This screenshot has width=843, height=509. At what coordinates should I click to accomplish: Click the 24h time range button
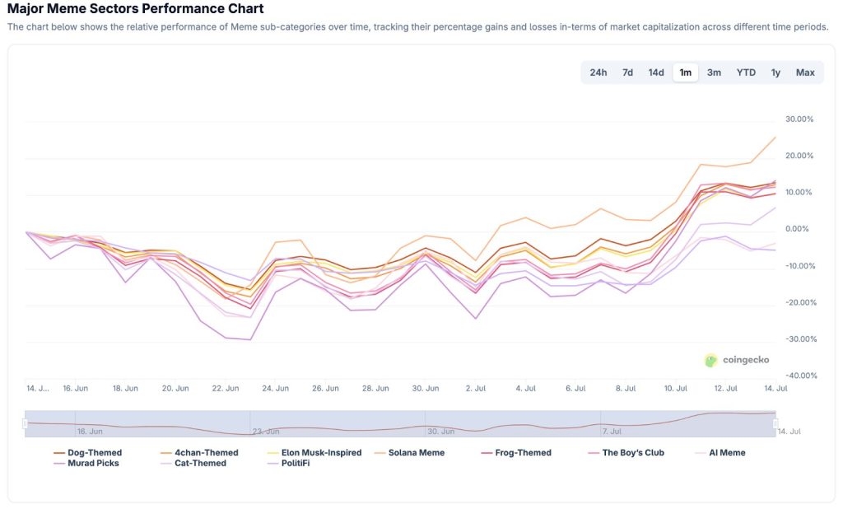click(598, 72)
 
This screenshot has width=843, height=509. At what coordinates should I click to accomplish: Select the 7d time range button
click(627, 72)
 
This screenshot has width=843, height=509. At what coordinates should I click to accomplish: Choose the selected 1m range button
click(685, 72)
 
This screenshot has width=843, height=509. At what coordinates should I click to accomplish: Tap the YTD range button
click(746, 72)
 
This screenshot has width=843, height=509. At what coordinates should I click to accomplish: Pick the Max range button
click(805, 72)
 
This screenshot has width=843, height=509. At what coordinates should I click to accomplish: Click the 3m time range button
click(714, 72)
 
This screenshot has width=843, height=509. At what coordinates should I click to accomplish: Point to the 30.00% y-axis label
click(799, 119)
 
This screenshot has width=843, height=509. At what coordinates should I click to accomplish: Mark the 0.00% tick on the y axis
click(800, 229)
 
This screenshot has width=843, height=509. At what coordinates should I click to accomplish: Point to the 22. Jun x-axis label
click(226, 388)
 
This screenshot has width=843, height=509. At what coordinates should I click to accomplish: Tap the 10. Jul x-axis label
click(676, 388)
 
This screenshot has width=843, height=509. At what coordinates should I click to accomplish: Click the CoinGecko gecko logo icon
click(711, 360)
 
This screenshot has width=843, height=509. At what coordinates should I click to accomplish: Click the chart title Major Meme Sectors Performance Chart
click(136, 9)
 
